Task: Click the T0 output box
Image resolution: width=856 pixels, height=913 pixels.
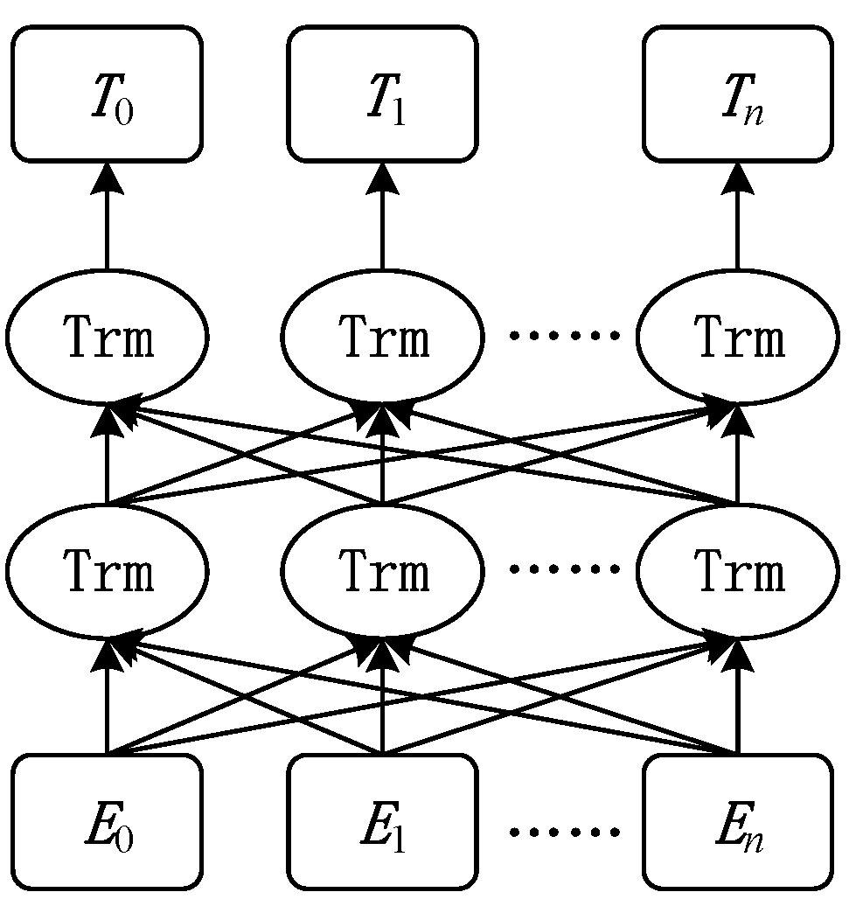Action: coord(107,94)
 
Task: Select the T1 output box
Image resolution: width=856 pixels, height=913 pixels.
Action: coord(382,94)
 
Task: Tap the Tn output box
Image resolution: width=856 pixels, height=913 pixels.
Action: coord(737,94)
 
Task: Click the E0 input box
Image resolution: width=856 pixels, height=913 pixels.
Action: coord(107,822)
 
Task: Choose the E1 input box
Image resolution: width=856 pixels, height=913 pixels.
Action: coord(382,822)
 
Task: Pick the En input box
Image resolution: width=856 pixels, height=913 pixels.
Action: coord(737,822)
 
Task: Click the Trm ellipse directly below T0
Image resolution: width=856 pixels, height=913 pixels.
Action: coord(107,338)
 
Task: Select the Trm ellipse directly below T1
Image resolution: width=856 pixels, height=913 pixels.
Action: coord(382,338)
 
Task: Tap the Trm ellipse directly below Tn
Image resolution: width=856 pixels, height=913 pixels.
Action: coord(737,338)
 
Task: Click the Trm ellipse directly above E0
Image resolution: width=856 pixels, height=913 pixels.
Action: coord(107,572)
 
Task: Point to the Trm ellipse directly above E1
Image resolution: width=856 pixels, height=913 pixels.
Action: coord(382,572)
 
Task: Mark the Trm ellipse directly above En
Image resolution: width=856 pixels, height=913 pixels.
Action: coord(737,572)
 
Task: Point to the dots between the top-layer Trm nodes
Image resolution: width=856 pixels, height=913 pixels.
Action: coord(564,335)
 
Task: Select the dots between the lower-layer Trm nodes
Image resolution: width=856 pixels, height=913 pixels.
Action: coord(564,569)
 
